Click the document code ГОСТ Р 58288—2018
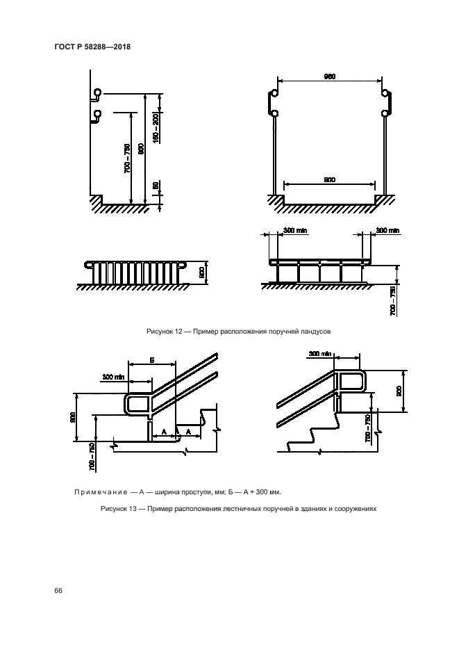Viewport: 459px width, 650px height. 92,47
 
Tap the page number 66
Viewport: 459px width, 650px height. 58,590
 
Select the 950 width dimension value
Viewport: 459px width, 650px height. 330,77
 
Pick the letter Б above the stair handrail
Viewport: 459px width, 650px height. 151,360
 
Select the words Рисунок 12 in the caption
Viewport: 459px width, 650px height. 164,332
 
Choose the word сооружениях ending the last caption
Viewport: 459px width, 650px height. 353,508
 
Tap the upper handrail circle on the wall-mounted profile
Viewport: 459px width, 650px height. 97,92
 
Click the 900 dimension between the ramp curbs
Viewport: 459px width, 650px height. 330,179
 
